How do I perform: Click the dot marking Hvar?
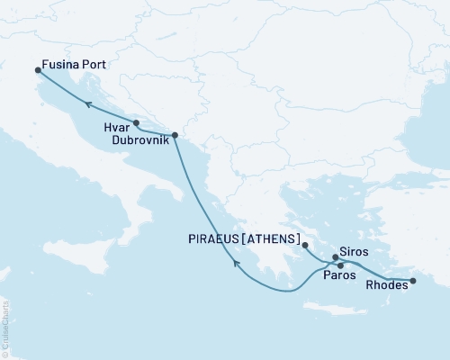[x=136, y=122]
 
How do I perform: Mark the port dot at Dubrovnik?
[x=175, y=135]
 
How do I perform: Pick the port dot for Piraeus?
[x=305, y=245]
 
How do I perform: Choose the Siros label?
[x=354, y=252]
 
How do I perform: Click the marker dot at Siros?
[x=334, y=258]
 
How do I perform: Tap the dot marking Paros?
[x=339, y=265]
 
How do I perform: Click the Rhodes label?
[x=386, y=291]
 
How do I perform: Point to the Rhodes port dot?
[x=413, y=282]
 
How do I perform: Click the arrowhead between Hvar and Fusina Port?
[x=88, y=104]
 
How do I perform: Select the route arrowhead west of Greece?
[x=236, y=263]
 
